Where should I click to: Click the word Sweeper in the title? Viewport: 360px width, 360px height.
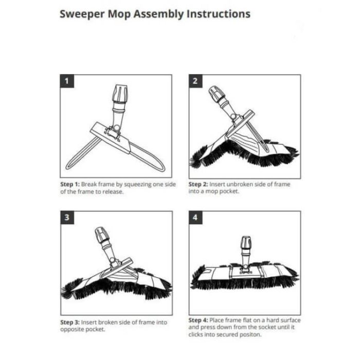coord(82,14)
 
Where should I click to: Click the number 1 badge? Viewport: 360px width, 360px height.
coord(67,81)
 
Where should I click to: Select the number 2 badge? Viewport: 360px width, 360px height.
coord(195,81)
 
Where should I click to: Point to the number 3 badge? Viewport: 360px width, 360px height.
coord(67,218)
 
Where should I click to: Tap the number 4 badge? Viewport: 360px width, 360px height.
coord(195,218)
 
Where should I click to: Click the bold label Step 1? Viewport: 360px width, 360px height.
coord(70,184)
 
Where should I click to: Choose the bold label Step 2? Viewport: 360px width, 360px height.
coord(198,184)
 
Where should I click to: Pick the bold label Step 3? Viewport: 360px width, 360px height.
coord(70,322)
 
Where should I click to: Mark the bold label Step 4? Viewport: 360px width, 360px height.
coord(198,320)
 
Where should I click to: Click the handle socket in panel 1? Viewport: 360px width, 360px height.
coord(120,94)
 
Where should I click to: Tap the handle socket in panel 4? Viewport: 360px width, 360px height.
coord(246,243)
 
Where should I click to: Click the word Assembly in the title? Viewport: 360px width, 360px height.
coord(158,14)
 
